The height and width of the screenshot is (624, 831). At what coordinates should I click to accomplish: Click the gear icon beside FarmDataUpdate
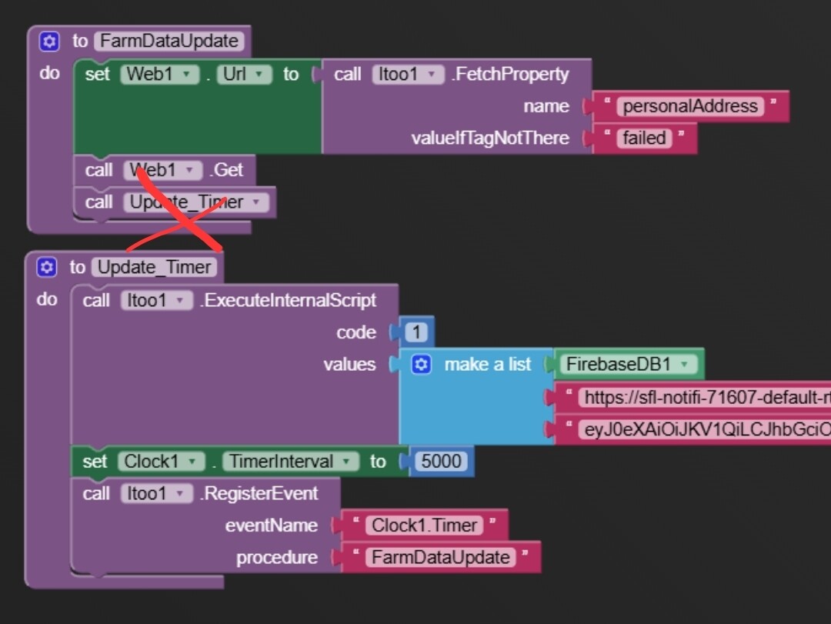[x=49, y=42]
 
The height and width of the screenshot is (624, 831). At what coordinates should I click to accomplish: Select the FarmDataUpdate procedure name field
[x=169, y=42]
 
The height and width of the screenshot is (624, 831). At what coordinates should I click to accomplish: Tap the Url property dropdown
[x=245, y=75]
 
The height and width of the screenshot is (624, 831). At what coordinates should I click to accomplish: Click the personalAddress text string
[x=690, y=106]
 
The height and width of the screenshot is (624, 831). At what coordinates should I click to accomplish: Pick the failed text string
[x=645, y=138]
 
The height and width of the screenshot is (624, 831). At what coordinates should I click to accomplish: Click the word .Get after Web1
[x=228, y=170]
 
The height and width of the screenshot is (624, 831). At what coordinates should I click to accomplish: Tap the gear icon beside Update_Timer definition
[x=47, y=268]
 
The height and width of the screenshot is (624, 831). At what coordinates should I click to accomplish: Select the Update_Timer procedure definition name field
[x=154, y=268]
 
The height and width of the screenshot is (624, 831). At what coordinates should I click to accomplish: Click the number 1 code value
[x=416, y=332]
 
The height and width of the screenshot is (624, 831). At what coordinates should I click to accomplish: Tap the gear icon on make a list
[x=420, y=365]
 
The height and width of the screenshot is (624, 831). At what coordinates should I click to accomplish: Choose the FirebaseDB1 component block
[x=627, y=365]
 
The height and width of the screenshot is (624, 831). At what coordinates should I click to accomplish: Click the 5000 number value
[x=442, y=462]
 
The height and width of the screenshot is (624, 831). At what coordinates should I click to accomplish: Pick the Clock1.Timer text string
[x=424, y=526]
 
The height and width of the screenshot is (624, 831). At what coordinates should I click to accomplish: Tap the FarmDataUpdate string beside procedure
[x=441, y=558]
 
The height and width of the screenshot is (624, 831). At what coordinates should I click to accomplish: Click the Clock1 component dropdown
[x=161, y=462]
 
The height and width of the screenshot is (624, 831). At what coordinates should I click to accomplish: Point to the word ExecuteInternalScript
[x=288, y=300]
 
